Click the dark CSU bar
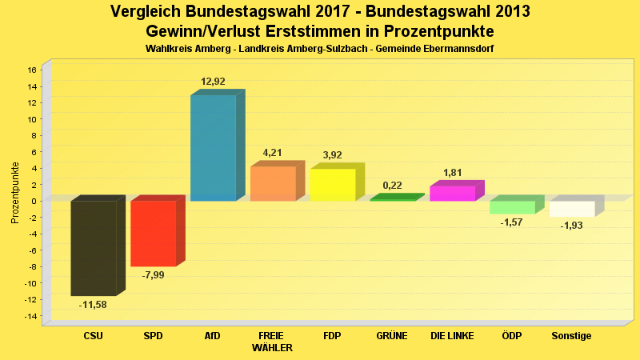tap(94, 248)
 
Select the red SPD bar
tap(153, 233)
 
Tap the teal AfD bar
tap(213, 147)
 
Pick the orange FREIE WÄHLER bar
tap(273, 183)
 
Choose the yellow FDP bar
tap(332, 185)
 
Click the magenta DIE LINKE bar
tap(452, 193)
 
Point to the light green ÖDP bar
tap(512, 207)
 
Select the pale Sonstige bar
tap(571, 209)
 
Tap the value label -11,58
tap(93, 305)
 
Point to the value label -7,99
tap(153, 275)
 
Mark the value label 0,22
tap(392, 186)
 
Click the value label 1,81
tap(453, 173)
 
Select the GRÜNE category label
tap(392, 336)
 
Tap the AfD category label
tap(213, 336)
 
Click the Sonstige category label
tap(571, 336)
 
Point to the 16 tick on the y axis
tap(32, 70)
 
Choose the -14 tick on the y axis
tap(30, 316)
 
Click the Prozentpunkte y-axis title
tap(15, 193)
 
